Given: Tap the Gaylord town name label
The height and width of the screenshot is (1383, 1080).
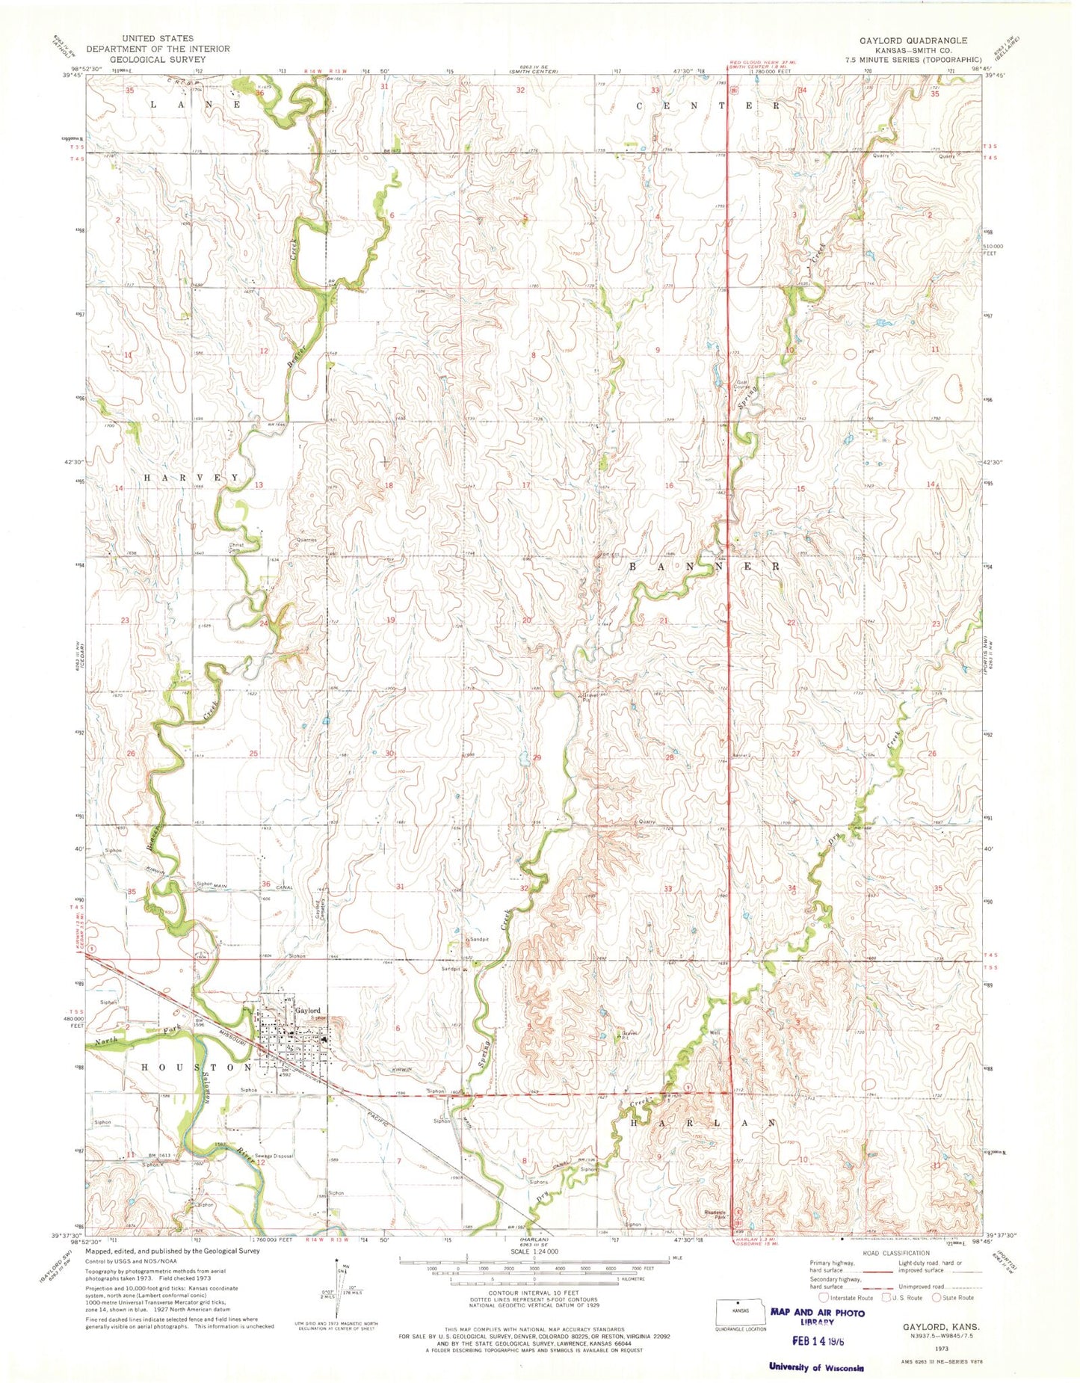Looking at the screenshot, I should [307, 1010].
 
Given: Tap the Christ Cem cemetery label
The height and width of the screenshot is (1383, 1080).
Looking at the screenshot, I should [237, 547].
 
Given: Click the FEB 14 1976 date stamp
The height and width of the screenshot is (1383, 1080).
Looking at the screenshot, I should [814, 1342].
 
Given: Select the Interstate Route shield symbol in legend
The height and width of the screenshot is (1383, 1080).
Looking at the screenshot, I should [824, 1298].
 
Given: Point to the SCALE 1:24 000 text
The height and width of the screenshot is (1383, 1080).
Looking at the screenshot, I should [533, 1251].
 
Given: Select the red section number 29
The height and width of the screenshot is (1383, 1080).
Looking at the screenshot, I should [537, 757].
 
